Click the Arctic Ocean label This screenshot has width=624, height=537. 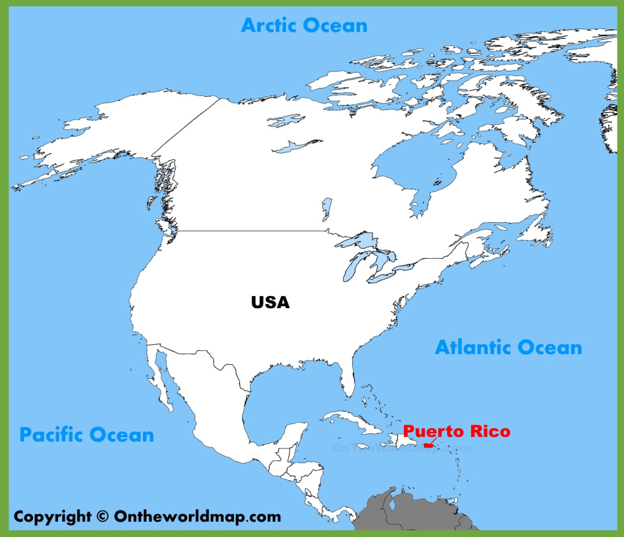(304, 25)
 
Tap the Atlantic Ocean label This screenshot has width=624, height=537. (508, 347)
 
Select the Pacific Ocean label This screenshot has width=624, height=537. (87, 434)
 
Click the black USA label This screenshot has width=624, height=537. (270, 301)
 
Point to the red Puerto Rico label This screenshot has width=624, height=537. (456, 431)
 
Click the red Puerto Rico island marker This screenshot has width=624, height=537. (428, 447)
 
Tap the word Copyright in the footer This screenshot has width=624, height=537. (52, 516)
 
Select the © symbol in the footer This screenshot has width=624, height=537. (102, 516)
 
